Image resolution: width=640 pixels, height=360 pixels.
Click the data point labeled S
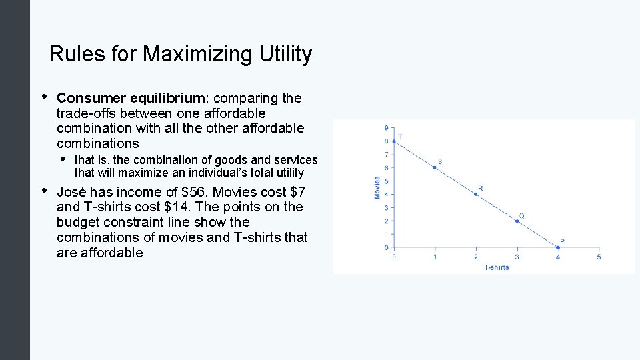pyautogui.click(x=435, y=167)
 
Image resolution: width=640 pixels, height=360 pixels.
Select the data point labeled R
pyautogui.click(x=475, y=194)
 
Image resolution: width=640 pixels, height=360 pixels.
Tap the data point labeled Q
pyautogui.click(x=517, y=221)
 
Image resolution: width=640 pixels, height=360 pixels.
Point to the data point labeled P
pyautogui.click(x=558, y=247)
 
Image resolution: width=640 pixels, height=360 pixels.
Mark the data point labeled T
pyautogui.click(x=394, y=141)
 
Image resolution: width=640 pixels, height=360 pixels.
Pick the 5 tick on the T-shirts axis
pyautogui.click(x=599, y=257)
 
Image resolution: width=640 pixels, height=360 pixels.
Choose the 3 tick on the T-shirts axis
pyautogui.click(x=517, y=257)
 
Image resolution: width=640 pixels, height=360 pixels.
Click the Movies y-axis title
pyautogui.click(x=377, y=187)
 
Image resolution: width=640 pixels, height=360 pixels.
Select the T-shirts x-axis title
pyautogui.click(x=496, y=267)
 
